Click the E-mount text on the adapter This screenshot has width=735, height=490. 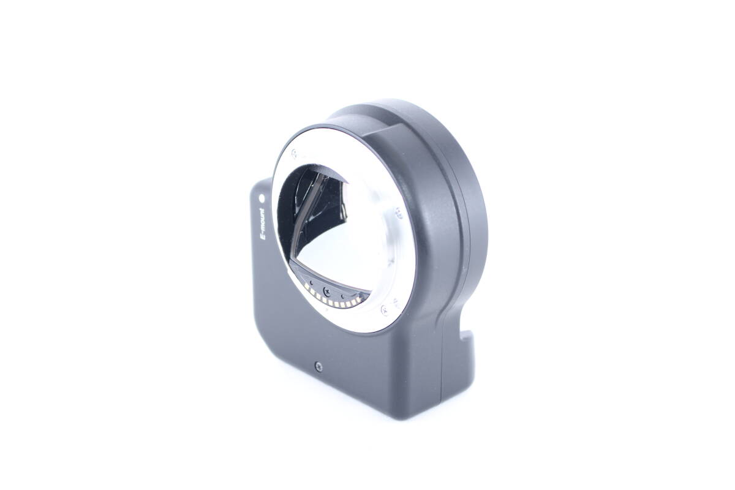pyautogui.click(x=262, y=224)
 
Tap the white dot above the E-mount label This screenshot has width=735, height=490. pyautogui.click(x=262, y=198)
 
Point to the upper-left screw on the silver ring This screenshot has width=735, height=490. pyautogui.click(x=294, y=153)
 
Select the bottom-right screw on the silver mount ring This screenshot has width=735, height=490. pyautogui.click(x=384, y=309)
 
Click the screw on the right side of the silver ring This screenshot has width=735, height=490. pyautogui.click(x=399, y=214)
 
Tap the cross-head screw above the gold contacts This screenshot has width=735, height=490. pyautogui.click(x=327, y=290)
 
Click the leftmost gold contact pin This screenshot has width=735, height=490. pyautogui.click(x=306, y=285)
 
